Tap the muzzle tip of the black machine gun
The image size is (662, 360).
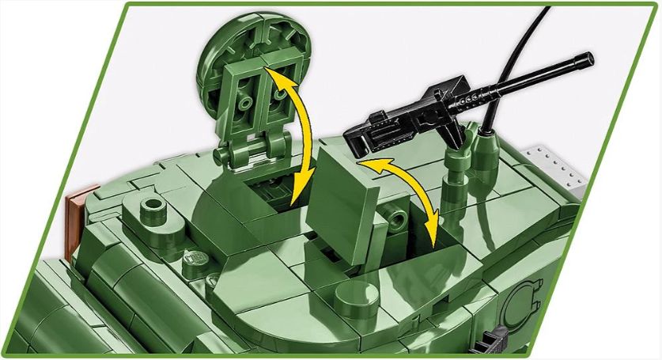(x=588, y=58)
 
